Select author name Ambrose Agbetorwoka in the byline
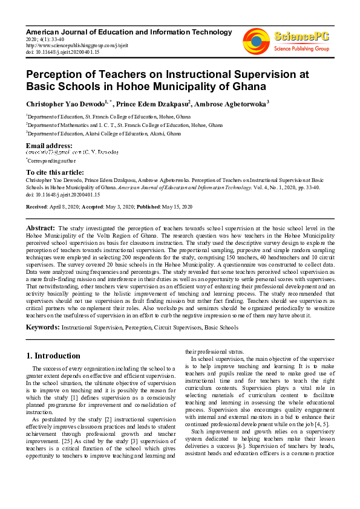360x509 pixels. (x=231, y=103)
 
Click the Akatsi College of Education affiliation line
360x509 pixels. (x=103, y=133)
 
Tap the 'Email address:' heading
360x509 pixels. (x=49, y=146)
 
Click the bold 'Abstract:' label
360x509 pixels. (x=41, y=227)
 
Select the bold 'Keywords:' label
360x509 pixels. (x=42, y=327)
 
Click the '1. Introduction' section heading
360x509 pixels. (x=53, y=355)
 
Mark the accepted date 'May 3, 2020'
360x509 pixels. (x=121, y=207)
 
